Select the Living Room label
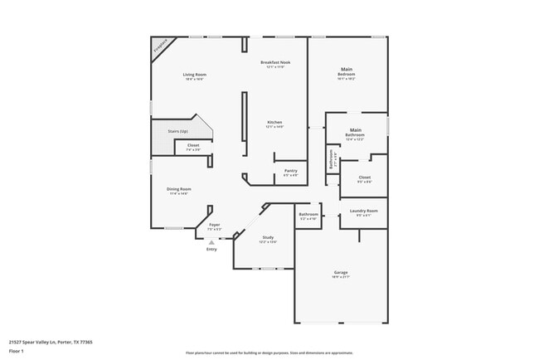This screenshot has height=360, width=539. coord(195,75)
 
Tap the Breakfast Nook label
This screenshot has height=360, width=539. coord(274,63)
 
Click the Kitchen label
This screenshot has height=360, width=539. coord(274,123)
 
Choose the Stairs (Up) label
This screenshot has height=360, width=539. coord(178,131)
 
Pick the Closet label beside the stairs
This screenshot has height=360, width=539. coord(192,146)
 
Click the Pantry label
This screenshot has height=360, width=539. coord(290,171)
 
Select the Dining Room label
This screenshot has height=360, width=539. coord(179,189)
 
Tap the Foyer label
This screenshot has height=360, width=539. coord(214,225)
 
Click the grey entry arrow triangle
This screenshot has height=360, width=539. coord(211,241)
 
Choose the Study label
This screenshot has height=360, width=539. coord(268,237)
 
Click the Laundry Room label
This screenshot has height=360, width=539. coord(364,212)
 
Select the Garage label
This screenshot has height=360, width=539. coord(340,273)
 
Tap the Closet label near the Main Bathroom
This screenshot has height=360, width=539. coord(364,178)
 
